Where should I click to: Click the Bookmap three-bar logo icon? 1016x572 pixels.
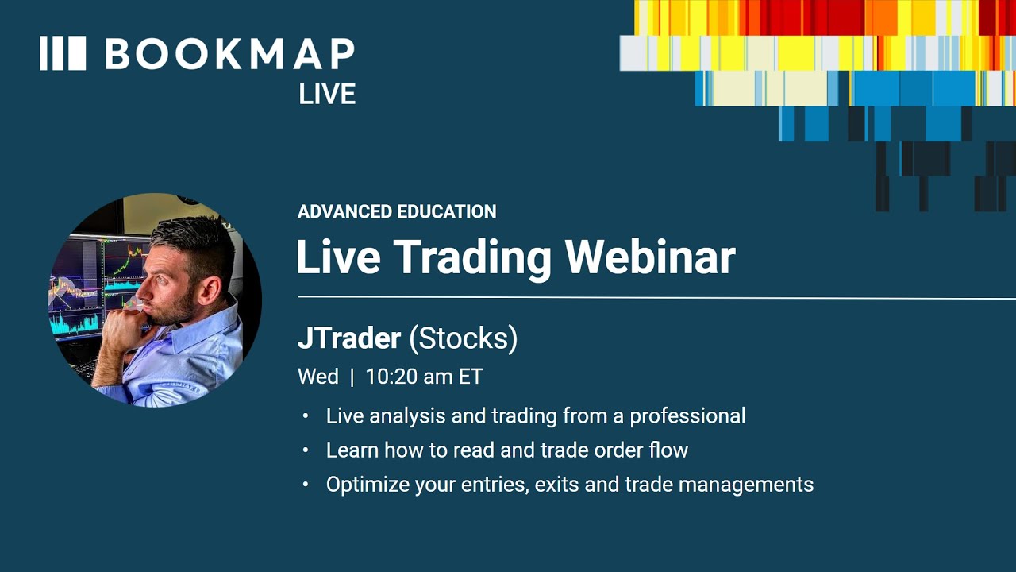[x=62, y=53]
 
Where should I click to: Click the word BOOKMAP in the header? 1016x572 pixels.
[x=229, y=54]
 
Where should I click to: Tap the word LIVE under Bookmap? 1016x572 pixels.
[x=326, y=95]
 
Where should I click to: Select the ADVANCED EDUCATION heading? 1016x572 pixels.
[x=397, y=212]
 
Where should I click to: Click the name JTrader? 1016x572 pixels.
[x=348, y=338]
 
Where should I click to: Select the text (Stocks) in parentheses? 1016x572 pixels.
[x=464, y=338]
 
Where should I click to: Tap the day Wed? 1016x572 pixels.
[x=317, y=377]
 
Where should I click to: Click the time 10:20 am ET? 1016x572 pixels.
[x=424, y=377]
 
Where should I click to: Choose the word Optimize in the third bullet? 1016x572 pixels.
[x=368, y=484]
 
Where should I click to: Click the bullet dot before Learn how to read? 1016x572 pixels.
[x=306, y=450]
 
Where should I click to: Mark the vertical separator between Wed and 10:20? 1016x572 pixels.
[x=352, y=377]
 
